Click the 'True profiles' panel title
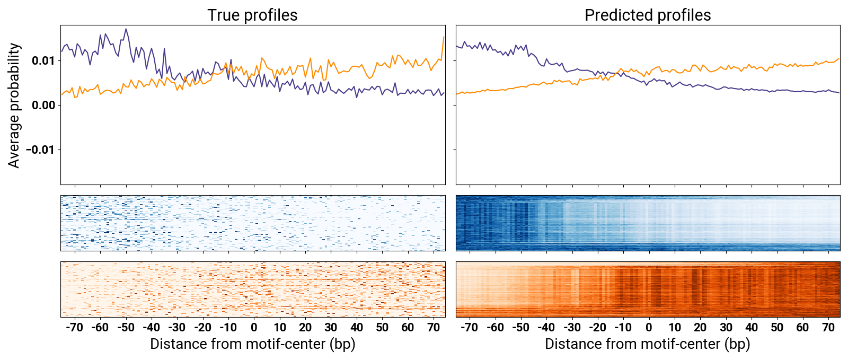point(252,15)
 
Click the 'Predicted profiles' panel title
point(647,15)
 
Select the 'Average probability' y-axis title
point(14,105)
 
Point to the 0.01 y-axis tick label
point(43,60)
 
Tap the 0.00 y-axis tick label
point(43,105)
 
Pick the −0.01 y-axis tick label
point(40,150)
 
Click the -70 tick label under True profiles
point(74,327)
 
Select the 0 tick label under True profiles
point(254,327)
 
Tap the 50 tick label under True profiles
point(382,327)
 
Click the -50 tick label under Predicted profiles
point(520,327)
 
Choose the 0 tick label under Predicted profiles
point(649,327)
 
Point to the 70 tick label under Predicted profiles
point(828,327)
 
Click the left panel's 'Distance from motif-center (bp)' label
point(252,344)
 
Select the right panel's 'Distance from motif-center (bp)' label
point(647,344)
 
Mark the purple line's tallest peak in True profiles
point(126,29)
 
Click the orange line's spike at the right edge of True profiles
point(444,37)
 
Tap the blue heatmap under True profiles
point(253,223)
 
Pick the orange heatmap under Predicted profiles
point(648,289)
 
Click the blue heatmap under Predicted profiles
point(648,223)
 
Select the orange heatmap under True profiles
point(253,289)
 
